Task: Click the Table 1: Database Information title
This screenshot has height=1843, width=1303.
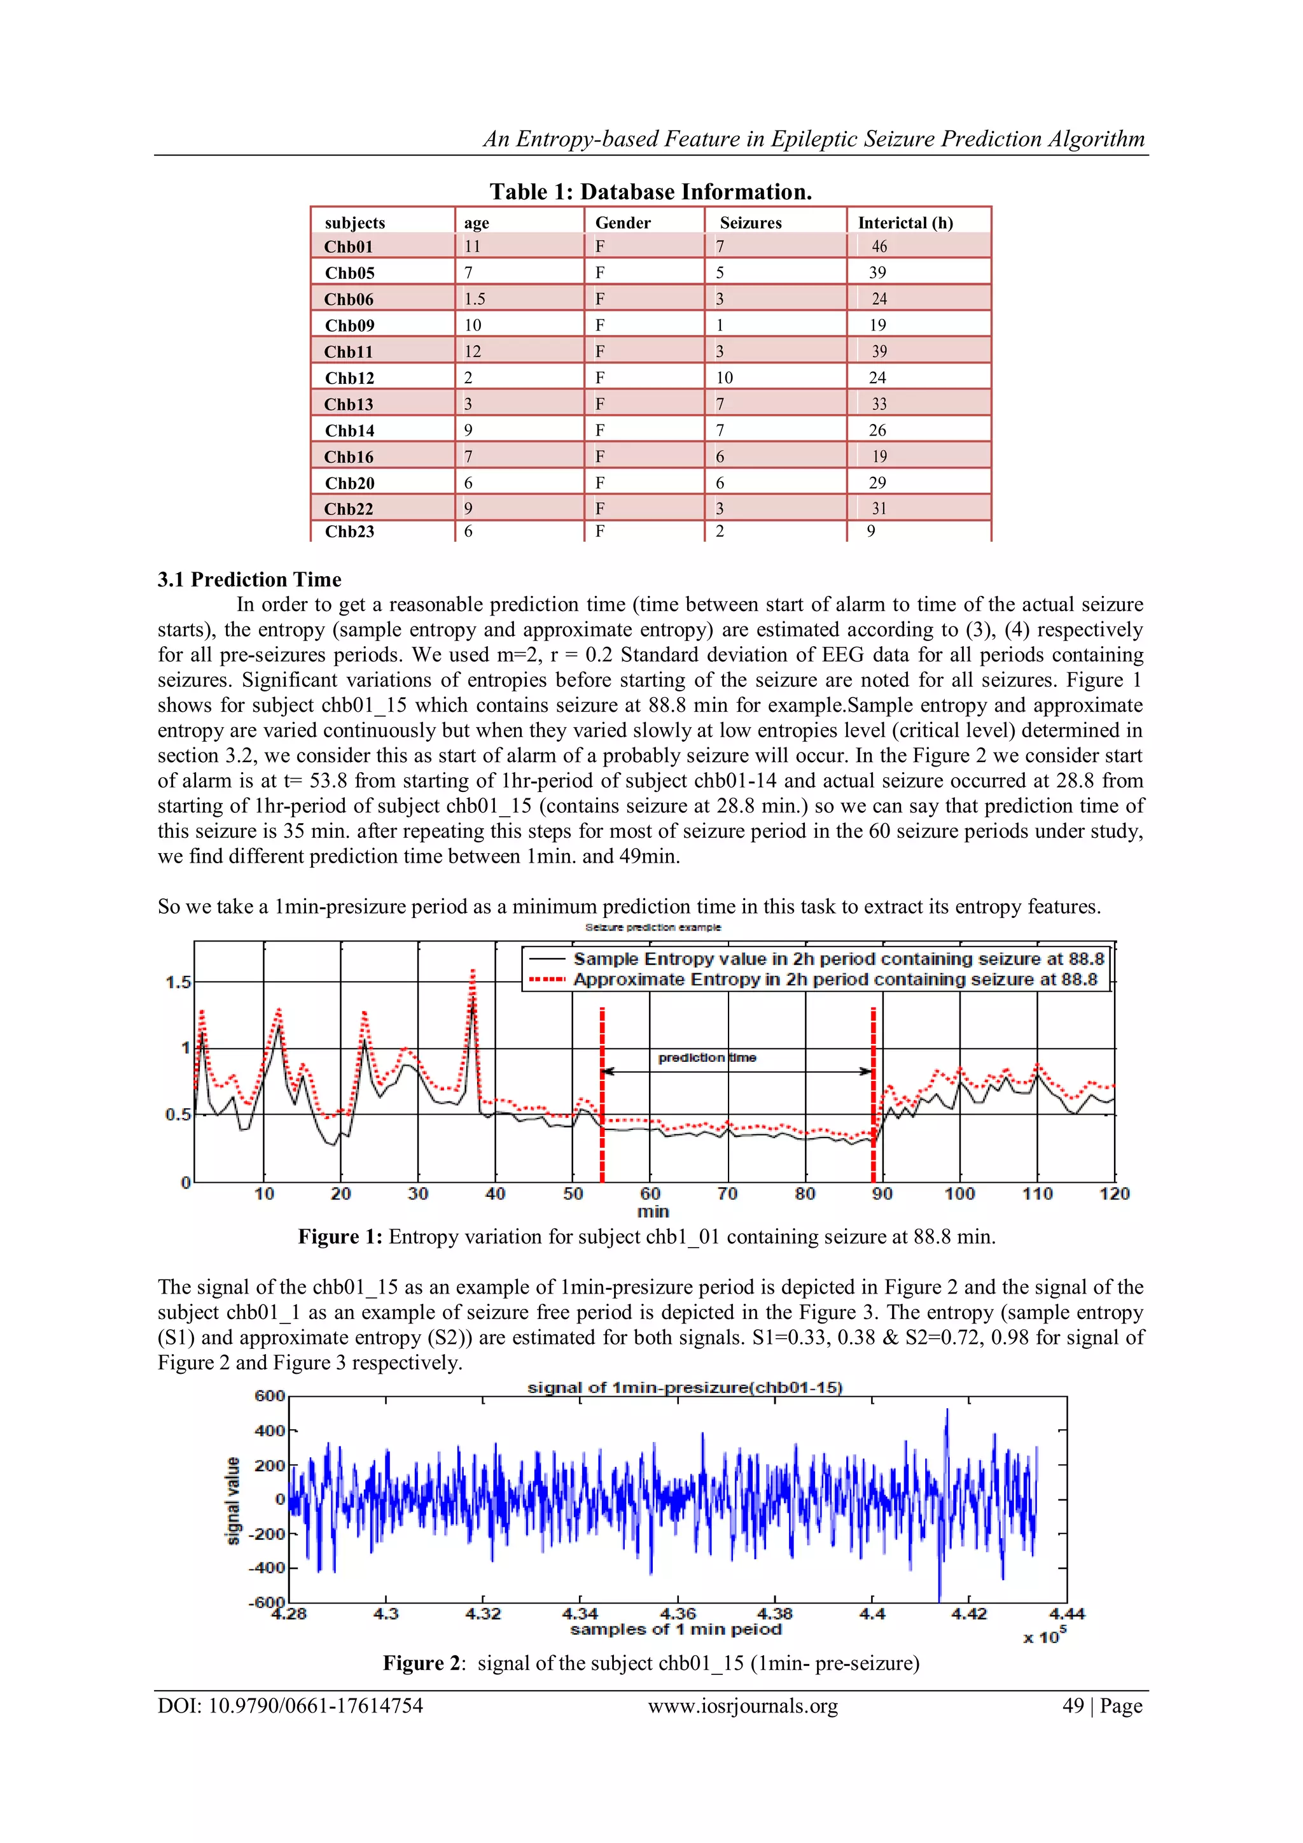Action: click(651, 192)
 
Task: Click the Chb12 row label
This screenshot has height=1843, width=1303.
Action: click(349, 378)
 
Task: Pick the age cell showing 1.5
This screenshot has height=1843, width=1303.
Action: click(475, 299)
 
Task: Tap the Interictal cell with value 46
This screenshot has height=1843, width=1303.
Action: click(879, 246)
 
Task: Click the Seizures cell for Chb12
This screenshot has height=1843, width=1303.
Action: click(723, 378)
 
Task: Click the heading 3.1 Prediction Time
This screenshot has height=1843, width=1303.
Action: click(249, 579)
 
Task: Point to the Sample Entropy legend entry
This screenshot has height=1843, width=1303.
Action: click(838, 959)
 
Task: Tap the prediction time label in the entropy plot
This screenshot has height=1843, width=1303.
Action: click(707, 1058)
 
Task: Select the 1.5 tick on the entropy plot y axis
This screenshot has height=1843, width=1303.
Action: click(178, 982)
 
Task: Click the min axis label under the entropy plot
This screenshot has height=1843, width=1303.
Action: click(653, 1211)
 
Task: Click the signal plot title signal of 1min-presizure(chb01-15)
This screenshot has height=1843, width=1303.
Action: click(685, 1388)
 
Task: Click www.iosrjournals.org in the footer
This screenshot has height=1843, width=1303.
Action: click(743, 1705)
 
